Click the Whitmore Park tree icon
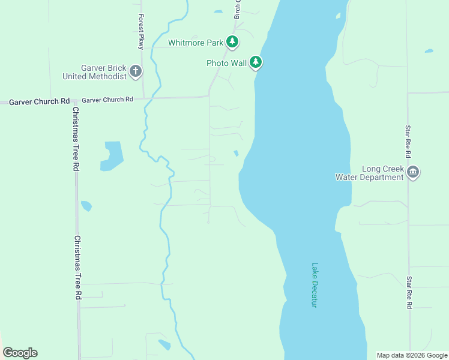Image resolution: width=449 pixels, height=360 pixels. click(x=232, y=42)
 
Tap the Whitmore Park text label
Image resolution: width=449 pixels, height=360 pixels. click(x=196, y=43)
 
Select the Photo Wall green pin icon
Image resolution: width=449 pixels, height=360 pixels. click(x=256, y=62)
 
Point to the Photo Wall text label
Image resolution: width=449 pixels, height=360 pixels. click(x=226, y=62)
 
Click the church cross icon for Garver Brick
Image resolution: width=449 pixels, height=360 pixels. click(x=136, y=71)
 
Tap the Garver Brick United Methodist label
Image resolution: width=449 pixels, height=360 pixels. click(x=95, y=72)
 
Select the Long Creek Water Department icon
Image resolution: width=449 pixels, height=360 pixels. click(x=412, y=173)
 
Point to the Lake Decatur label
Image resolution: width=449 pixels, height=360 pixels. click(x=314, y=285)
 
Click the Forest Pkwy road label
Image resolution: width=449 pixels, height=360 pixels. click(x=141, y=31)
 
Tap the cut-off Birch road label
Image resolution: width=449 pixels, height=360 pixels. click(x=237, y=9)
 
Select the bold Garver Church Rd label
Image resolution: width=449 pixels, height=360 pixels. click(x=40, y=101)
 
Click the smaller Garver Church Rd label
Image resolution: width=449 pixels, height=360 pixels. click(x=107, y=100)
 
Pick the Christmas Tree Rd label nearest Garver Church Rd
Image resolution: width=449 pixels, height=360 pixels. click(x=76, y=139)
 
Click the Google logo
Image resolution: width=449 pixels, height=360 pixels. click(x=20, y=353)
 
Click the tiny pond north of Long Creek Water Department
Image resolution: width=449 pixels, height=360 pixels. click(x=429, y=51)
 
